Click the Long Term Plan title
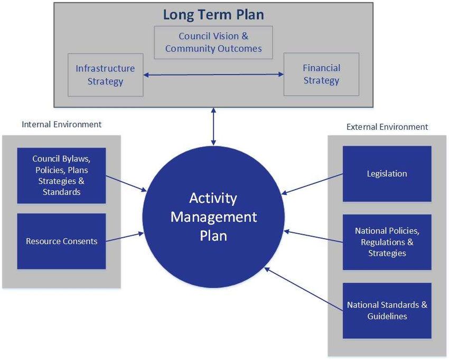[x=213, y=15]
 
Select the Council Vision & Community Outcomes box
[x=213, y=42]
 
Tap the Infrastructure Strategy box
[x=105, y=74]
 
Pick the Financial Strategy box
[x=321, y=74]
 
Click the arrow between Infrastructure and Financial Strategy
[x=213, y=74]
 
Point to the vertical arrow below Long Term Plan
[x=213, y=126]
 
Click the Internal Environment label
[x=62, y=125]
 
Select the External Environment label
[x=387, y=127]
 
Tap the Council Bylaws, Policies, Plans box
[x=62, y=175]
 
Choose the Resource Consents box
[x=62, y=241]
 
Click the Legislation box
[x=387, y=174]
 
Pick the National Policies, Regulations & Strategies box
[x=387, y=242]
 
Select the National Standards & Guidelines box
[x=387, y=310]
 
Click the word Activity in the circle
[x=213, y=198]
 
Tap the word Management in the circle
[x=213, y=217]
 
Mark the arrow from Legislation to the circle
[x=312, y=184]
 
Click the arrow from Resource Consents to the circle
[x=125, y=237]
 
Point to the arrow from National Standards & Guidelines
[x=304, y=289]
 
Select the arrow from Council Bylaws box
[x=126, y=184]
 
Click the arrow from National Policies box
[x=313, y=236]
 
